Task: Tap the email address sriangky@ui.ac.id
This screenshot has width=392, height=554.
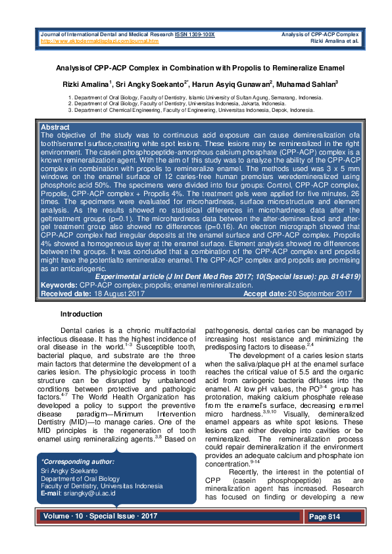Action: point(88,493)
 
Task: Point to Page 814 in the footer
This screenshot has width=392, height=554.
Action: point(324,517)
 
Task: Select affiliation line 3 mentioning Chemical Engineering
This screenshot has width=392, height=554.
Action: point(191,110)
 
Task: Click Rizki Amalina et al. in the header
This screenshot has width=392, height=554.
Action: point(334,41)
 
